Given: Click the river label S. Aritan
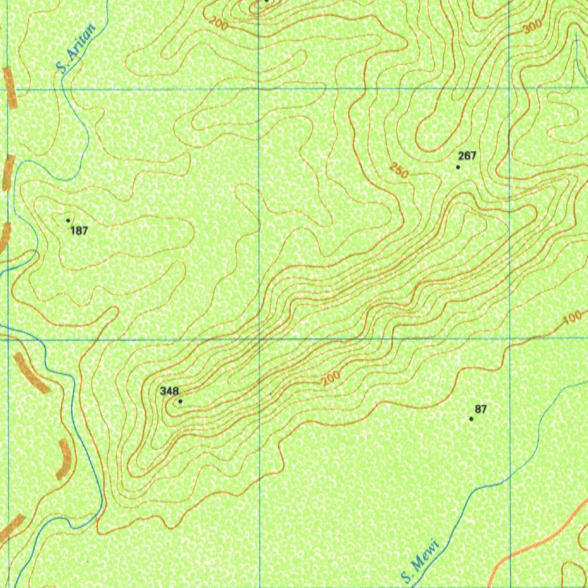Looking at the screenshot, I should coord(76,48).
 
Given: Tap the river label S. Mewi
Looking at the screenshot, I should coord(420,561).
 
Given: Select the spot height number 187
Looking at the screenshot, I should coord(79,231).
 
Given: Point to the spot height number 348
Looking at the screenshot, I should coord(169,391).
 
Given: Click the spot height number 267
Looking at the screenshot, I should coord(467,156).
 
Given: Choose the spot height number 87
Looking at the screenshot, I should coord(481,409).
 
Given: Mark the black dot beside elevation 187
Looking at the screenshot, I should coord(68,220).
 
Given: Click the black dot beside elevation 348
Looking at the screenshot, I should coord(180,401).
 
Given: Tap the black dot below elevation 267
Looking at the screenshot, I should coord(458,167).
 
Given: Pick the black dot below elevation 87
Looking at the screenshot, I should coord(471,419).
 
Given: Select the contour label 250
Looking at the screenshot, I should coord(398,171).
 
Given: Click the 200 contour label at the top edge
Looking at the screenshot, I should coord(218,24).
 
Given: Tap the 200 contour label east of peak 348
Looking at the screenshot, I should coord(331,378).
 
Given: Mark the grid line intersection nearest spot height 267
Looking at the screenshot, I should coord(510,88).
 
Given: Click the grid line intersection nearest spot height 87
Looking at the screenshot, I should coord(510,339).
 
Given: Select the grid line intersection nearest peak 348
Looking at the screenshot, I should coord(260,339).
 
